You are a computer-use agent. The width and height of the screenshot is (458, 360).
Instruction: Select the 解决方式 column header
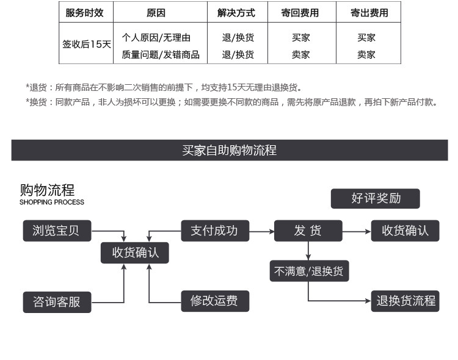tap(236, 13)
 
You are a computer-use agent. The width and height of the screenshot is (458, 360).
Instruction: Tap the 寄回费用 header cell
tap(300, 13)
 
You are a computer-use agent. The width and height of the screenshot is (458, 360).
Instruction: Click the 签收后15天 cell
tap(86, 45)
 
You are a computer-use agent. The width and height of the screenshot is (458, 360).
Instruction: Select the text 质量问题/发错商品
tap(160, 54)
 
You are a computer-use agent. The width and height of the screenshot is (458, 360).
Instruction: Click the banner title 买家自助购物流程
tap(229, 150)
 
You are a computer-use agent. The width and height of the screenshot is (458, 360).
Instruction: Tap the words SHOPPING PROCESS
tap(52, 202)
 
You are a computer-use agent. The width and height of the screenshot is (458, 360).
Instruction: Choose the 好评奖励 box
tap(376, 198)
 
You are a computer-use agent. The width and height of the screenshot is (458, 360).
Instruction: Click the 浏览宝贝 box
tap(56, 231)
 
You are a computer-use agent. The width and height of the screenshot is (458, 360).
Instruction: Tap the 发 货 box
tap(308, 231)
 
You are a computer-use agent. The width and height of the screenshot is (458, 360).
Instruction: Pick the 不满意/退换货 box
tap(310, 271)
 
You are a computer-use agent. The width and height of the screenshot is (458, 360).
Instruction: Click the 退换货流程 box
tap(405, 301)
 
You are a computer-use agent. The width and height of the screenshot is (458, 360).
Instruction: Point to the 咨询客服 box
tap(56, 302)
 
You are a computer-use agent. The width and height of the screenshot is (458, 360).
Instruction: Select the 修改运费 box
tap(214, 300)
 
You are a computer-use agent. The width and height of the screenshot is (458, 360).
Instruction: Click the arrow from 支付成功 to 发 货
tap(261, 231)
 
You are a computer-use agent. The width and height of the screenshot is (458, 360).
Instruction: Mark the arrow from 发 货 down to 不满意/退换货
tap(308, 251)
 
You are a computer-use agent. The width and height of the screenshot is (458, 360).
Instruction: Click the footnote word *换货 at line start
tap(37, 102)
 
